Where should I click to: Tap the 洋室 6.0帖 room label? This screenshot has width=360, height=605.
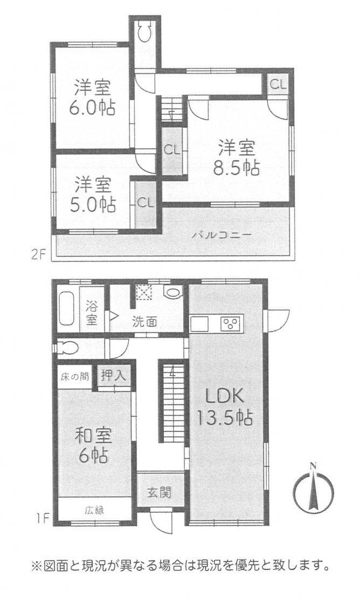[x=92, y=97]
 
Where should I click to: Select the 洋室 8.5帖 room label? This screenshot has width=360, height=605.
[x=236, y=158]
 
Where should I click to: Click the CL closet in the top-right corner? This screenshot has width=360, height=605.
[x=278, y=85]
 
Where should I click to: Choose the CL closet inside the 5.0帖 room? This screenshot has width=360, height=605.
[x=146, y=202]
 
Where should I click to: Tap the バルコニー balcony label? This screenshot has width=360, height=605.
[x=223, y=234]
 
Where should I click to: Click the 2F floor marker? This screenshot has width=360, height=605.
[x=39, y=255]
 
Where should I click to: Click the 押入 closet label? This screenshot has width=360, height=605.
[x=113, y=376]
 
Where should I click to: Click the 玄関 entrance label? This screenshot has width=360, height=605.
[x=159, y=492]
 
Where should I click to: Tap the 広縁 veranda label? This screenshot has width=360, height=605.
[x=94, y=510]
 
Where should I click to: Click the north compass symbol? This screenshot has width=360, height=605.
[x=313, y=487]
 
